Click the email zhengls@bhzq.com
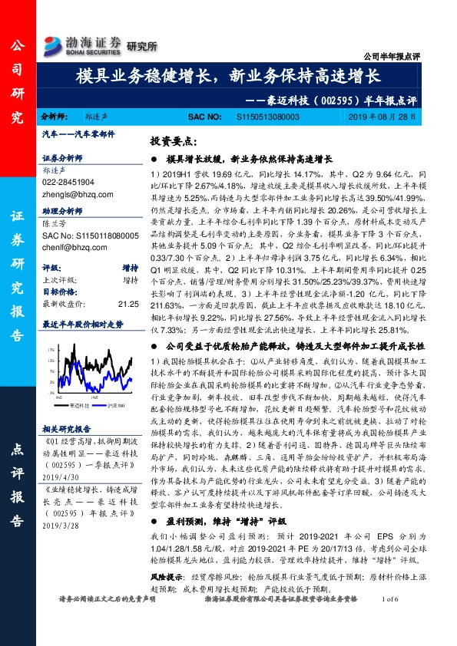pos(71,196)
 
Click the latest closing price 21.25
pos(128,303)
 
